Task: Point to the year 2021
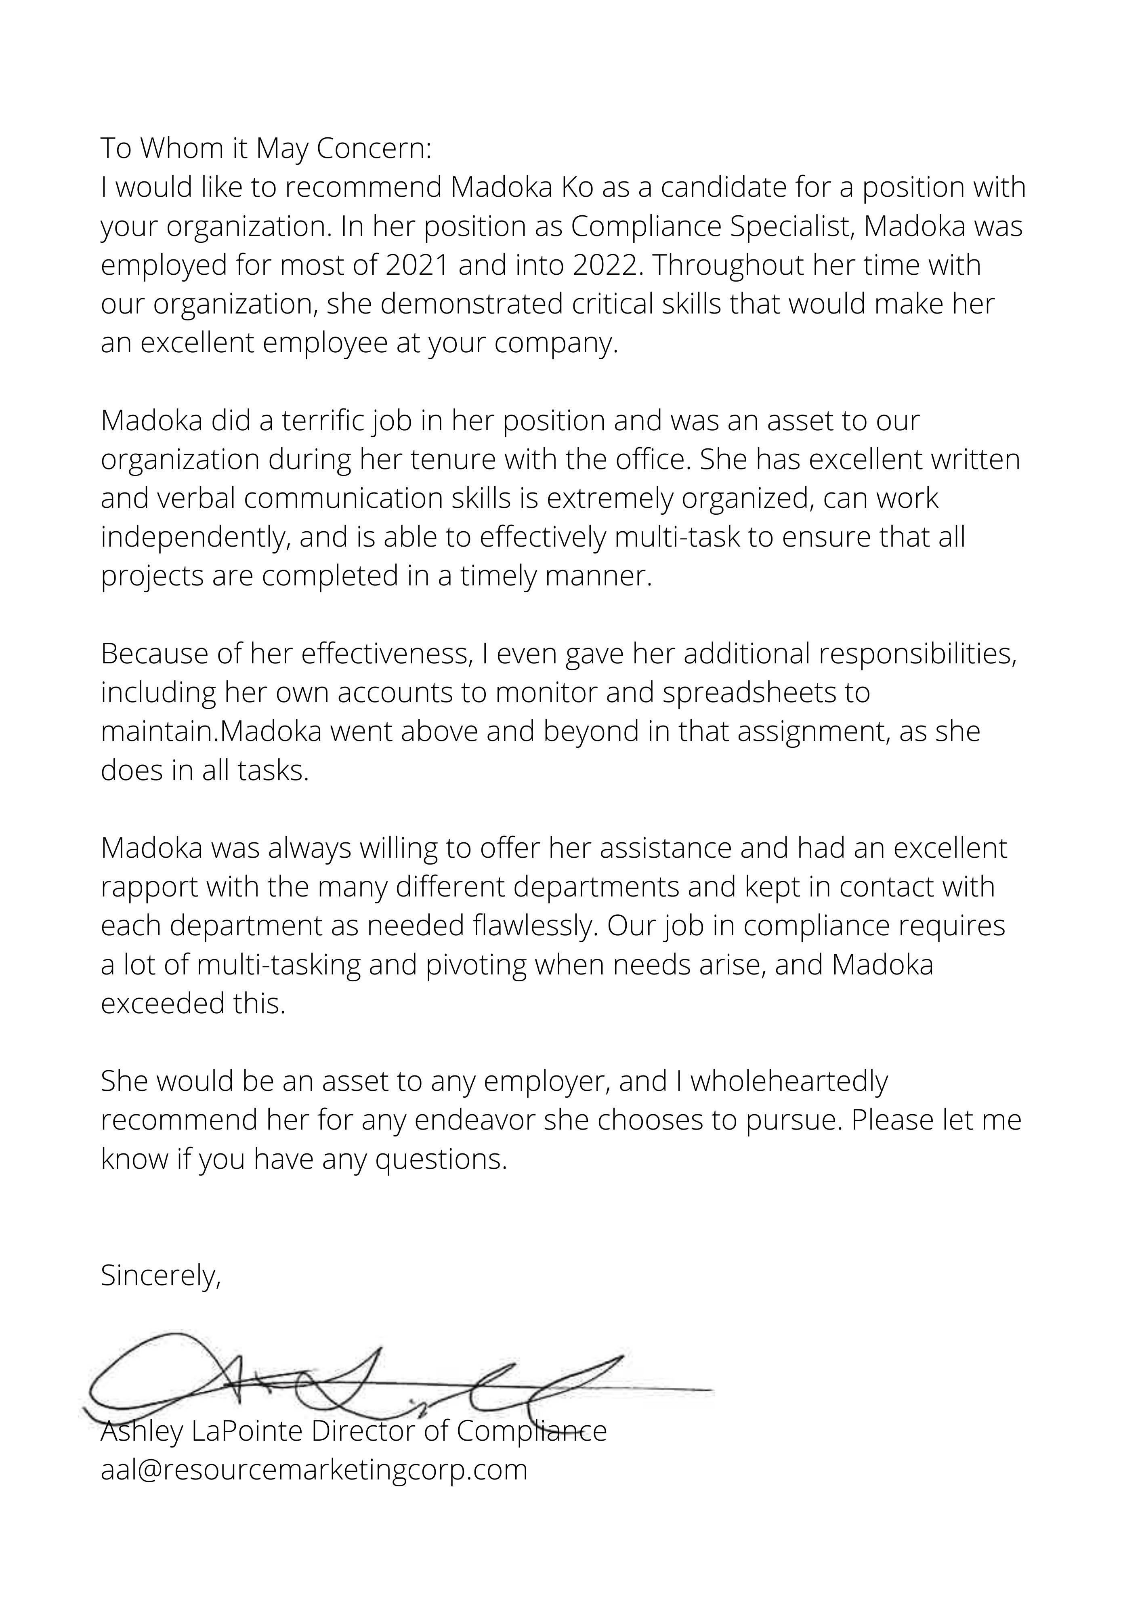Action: (x=417, y=265)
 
